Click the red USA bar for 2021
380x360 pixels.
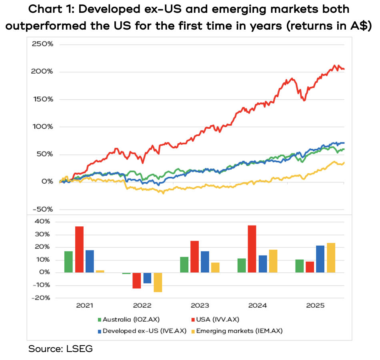click(79, 250)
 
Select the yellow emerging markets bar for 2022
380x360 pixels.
click(158, 282)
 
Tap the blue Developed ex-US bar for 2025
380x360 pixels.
click(320, 259)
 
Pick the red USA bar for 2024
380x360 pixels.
click(252, 249)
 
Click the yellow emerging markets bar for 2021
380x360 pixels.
click(100, 272)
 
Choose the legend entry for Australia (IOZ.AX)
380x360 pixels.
click(129, 319)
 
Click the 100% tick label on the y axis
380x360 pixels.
click(42, 127)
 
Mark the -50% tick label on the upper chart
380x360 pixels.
click(42, 209)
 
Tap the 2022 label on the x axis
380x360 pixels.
click(142, 306)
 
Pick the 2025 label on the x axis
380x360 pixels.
click(315, 306)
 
